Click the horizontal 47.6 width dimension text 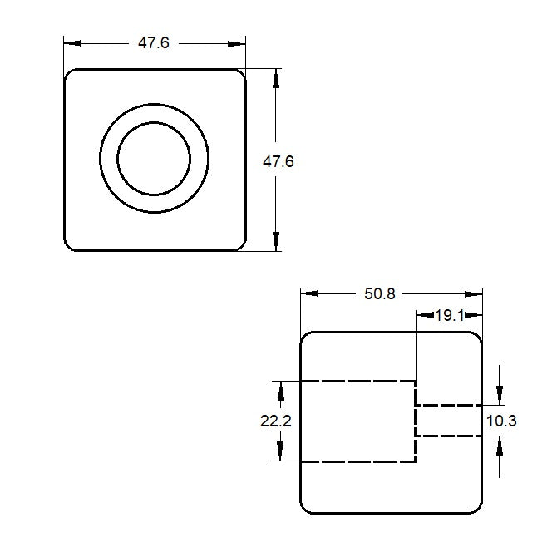[x=153, y=43]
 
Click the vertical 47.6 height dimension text [x=278, y=162]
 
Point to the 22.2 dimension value [x=275, y=421]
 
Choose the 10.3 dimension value [x=501, y=421]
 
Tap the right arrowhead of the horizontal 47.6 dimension [x=239, y=43]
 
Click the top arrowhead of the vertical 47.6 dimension [x=276, y=77]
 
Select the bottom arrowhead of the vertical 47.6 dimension [x=276, y=243]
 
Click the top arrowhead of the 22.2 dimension [x=281, y=388]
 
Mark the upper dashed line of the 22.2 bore [x=357, y=381]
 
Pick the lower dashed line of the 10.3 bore [x=449, y=436]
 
